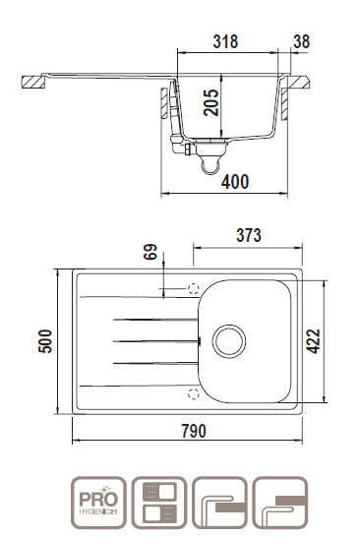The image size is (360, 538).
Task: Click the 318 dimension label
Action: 225,41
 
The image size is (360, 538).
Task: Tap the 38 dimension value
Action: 301,41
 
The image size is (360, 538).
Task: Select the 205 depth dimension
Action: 210,102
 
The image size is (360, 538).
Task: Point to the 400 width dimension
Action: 235,182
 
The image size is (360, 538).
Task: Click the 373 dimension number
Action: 249,235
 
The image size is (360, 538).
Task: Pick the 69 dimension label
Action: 150,252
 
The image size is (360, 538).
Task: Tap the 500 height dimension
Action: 45,341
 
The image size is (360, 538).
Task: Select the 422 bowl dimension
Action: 313,341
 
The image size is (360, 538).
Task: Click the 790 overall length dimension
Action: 194,431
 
